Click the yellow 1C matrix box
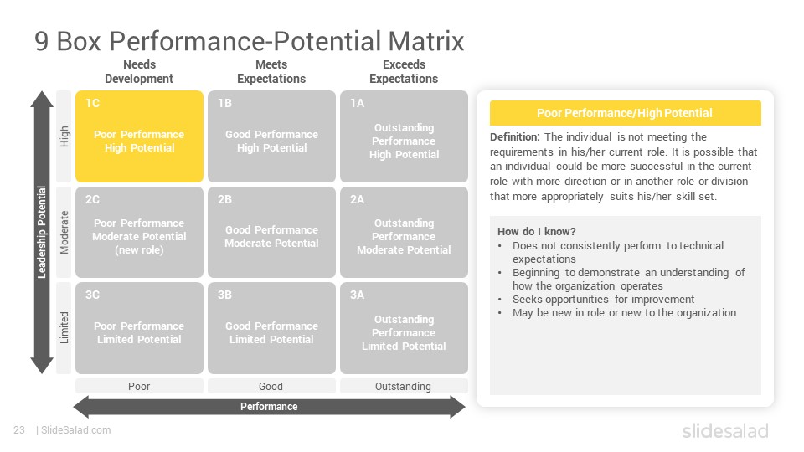pos(140,136)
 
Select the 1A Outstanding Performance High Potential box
pos(404,136)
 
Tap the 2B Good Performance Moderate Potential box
pos(271,232)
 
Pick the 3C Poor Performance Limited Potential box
pos(140,328)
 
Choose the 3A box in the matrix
pos(404,328)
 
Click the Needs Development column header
pos(139,72)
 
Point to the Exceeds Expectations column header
pos(404,72)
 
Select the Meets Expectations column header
pos(271,72)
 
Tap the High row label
pos(64,136)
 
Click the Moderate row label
pos(64,232)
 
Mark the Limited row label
pos(64,328)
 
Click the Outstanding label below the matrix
pos(403,387)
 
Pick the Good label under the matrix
pos(271,387)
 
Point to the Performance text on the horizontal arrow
pos(269,407)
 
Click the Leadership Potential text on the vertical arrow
pos(42,232)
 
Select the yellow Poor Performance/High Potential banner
pos(625,113)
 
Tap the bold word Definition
pos(515,136)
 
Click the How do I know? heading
pos(537,231)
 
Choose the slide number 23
pos(19,430)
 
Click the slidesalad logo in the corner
pos(725,430)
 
